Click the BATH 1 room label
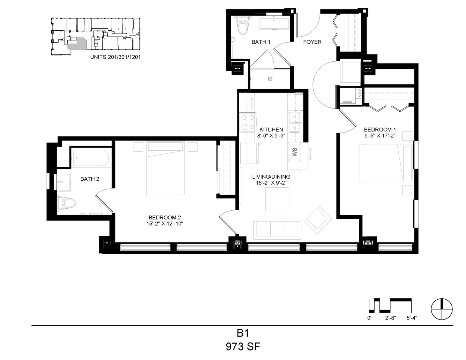click(x=261, y=42)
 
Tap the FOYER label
click(x=312, y=42)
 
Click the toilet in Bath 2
click(x=67, y=204)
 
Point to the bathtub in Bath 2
click(x=91, y=158)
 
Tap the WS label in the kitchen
click(x=294, y=152)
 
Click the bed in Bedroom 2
click(x=165, y=168)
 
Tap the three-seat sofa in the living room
click(x=277, y=230)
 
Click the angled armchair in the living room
click(x=318, y=220)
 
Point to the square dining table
click(x=277, y=199)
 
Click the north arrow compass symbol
click(x=442, y=309)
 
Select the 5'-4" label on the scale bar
click(x=412, y=318)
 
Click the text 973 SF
click(x=243, y=347)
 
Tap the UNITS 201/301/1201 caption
click(x=115, y=57)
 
